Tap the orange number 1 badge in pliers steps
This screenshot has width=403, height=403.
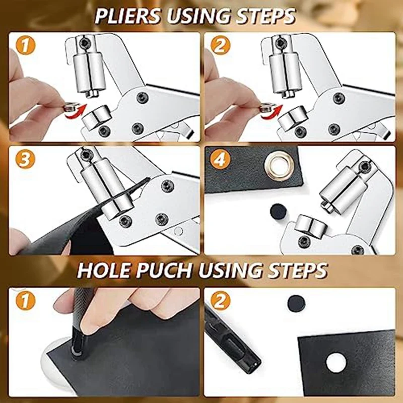click(25, 46)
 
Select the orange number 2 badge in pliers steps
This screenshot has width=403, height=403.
click(220, 46)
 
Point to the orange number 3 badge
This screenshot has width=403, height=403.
click(25, 159)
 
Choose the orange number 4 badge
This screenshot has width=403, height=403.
click(220, 159)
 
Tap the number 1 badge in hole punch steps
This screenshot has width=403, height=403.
click(25, 301)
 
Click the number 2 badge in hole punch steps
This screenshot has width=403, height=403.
click(220, 301)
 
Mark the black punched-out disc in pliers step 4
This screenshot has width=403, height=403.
click(278, 211)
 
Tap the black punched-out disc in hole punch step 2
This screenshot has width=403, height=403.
click(296, 302)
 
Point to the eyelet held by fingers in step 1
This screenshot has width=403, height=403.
click(71, 107)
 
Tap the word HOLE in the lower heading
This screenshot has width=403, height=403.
click(105, 270)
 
